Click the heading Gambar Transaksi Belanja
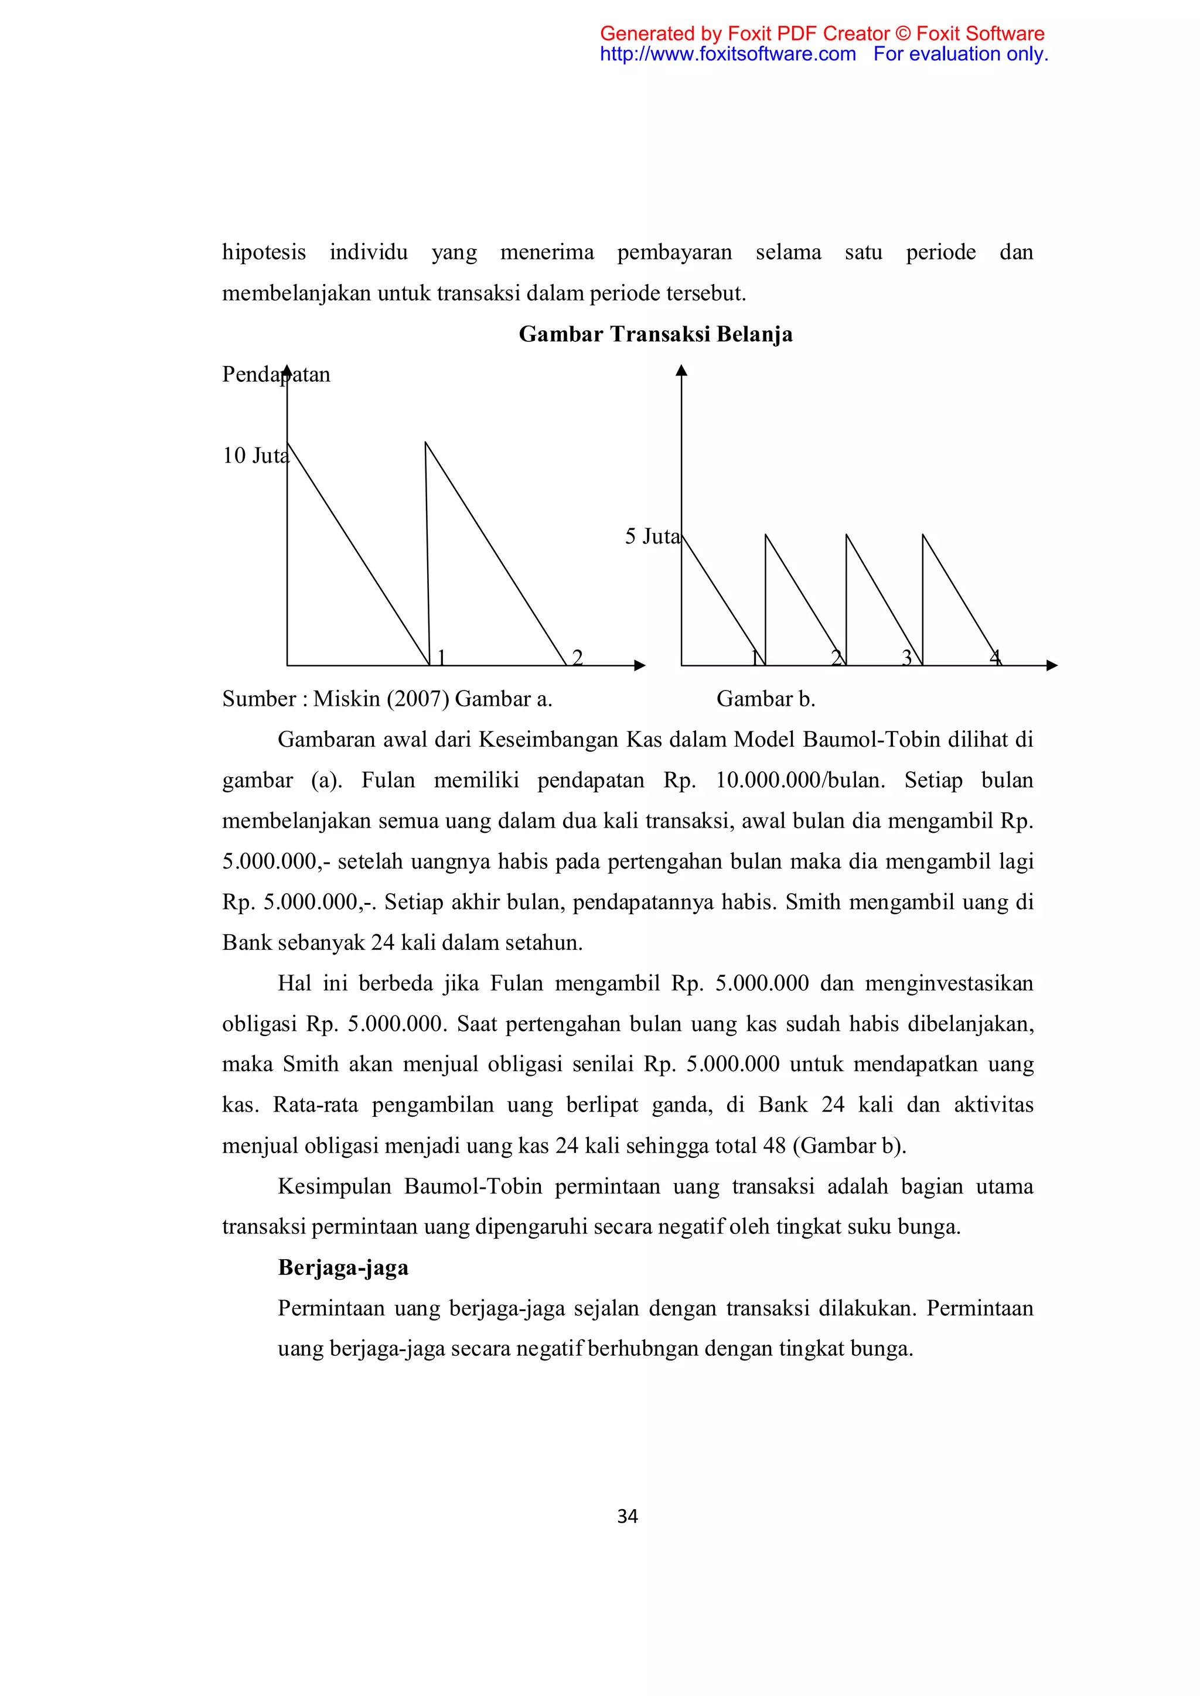click(656, 334)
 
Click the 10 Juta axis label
click(255, 456)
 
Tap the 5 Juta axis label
click(652, 537)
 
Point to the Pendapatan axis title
click(275, 374)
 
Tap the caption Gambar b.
click(765, 699)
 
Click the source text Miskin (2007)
click(380, 699)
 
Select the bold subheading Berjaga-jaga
click(343, 1267)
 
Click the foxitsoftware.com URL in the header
click(727, 54)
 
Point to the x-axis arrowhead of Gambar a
click(640, 665)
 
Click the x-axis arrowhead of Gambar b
click(1052, 665)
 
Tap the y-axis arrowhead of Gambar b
click(681, 370)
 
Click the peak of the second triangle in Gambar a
click(425, 443)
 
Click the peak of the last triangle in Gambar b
click(923, 535)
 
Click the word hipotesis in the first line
click(264, 252)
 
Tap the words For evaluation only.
click(960, 54)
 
